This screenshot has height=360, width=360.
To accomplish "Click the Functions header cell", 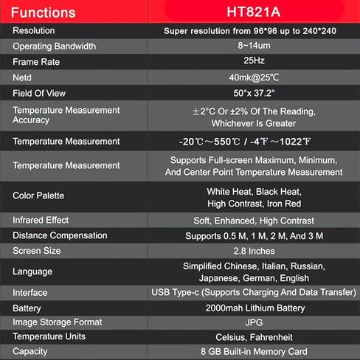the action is (44, 13).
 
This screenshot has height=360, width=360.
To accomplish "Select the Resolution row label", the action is (34, 32).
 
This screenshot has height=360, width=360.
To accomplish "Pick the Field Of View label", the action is (40, 93).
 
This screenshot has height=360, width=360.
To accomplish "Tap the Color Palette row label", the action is (38, 195).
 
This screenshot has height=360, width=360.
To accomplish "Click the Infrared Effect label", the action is (41, 221).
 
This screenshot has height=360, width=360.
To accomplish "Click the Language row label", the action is (32, 271).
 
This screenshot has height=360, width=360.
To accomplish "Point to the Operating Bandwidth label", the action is (55, 46).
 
